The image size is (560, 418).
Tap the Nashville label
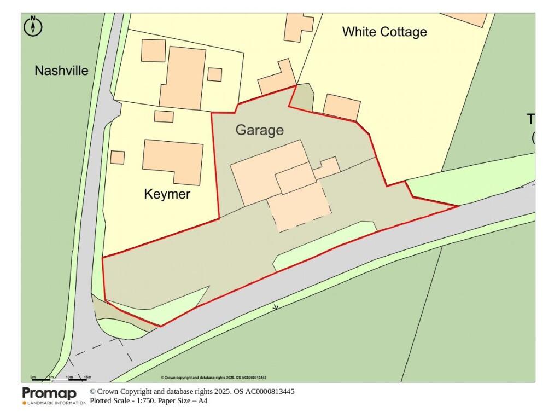tap(61, 71)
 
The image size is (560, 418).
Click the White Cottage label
tap(384, 32)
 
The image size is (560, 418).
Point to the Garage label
tap(260, 130)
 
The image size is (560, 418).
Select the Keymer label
tap(167, 194)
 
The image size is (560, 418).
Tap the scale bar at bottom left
tap(60, 379)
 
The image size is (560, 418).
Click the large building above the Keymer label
tap(173, 161)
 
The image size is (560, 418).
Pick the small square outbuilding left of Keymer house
tap(117, 157)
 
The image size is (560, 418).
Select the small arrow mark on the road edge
tap(276, 307)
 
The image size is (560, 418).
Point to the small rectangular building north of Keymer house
tap(164, 117)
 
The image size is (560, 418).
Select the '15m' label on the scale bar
tap(87, 377)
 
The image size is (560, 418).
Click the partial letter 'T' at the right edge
tap(531, 119)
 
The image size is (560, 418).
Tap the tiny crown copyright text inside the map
tap(213, 378)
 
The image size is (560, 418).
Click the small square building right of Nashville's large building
tap(215, 74)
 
